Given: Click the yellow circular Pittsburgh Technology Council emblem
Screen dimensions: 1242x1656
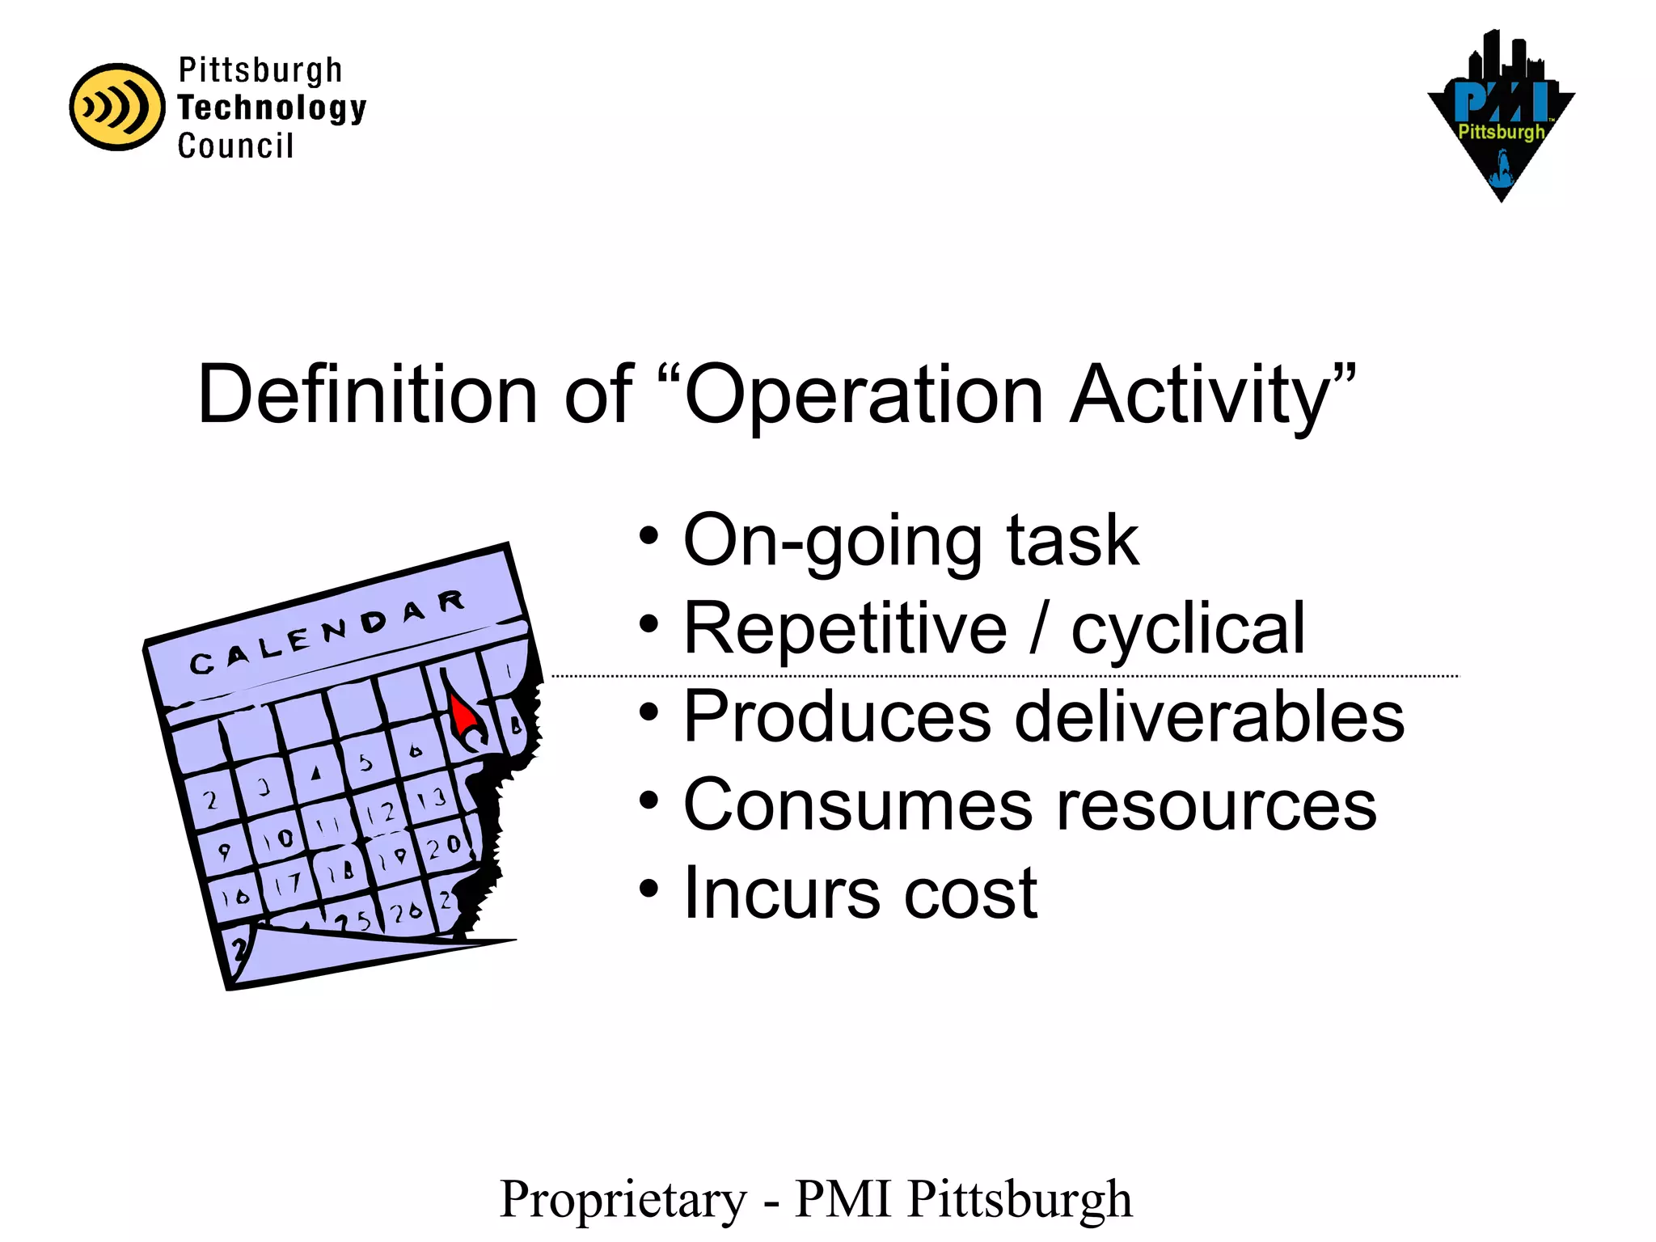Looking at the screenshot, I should tap(116, 107).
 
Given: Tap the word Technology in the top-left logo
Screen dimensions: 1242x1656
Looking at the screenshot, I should tap(272, 108).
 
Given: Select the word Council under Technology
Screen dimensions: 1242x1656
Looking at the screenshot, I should tap(235, 146).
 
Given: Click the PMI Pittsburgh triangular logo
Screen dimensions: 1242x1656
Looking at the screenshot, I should tap(1501, 117).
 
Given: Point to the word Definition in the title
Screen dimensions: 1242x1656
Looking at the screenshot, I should tap(367, 395).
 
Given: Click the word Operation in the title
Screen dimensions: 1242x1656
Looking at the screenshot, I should tap(864, 395).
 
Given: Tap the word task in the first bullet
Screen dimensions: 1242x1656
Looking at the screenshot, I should tap(1072, 540).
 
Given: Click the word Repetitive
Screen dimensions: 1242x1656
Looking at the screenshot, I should tap(845, 628).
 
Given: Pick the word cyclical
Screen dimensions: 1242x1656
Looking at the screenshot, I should tap(1188, 628).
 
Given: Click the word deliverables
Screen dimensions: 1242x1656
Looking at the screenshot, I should tap(1209, 716).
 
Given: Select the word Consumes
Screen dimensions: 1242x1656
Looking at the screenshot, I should tap(858, 805).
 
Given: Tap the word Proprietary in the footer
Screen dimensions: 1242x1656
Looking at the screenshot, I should tap(623, 1199).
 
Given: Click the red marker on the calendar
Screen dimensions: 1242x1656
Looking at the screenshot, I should tap(463, 716).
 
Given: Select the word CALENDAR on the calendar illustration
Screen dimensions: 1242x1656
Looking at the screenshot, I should tap(327, 634).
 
